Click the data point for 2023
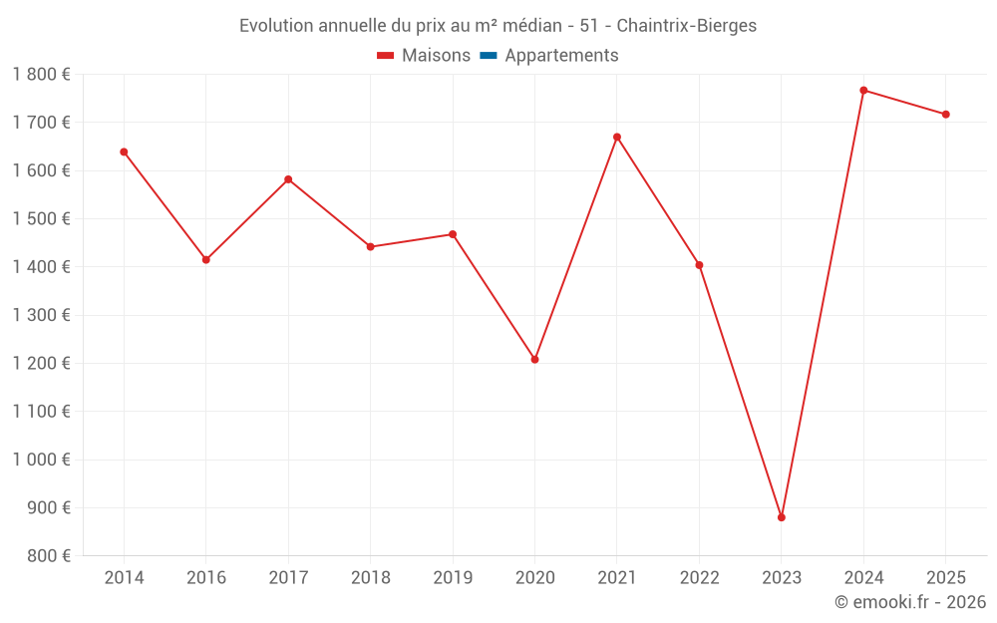click(x=782, y=517)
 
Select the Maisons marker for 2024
click(x=863, y=91)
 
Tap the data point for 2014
click(x=124, y=153)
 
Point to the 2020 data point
click(x=535, y=359)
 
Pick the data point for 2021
click(x=617, y=138)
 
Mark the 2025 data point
click(x=946, y=115)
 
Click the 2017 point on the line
click(x=288, y=179)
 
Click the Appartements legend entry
click(x=561, y=56)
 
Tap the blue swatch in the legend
click(x=489, y=56)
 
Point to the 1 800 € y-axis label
click(x=42, y=75)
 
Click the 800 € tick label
click(x=50, y=556)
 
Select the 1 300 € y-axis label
click(x=42, y=315)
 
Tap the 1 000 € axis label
click(x=42, y=460)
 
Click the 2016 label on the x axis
click(x=206, y=578)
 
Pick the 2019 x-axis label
click(x=453, y=578)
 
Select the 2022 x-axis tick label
click(x=699, y=578)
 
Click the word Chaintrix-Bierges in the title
click(x=687, y=26)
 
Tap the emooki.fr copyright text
click(x=910, y=602)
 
